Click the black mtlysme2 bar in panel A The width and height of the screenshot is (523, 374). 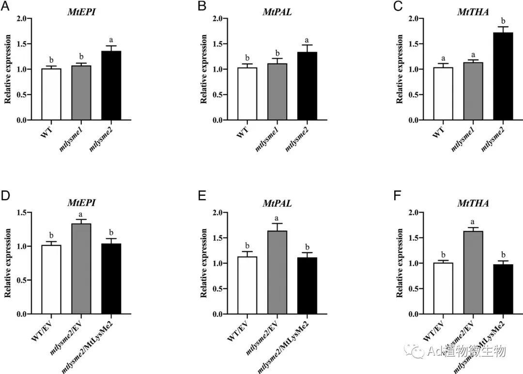click(x=111, y=85)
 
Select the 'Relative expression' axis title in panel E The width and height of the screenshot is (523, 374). click(x=204, y=263)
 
